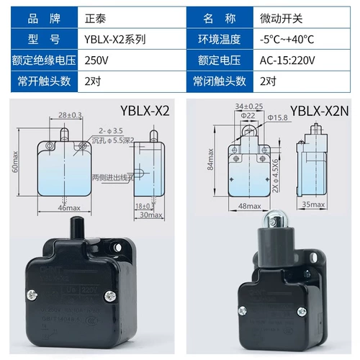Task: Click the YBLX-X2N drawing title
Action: [321, 111]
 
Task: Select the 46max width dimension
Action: [69, 208]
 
